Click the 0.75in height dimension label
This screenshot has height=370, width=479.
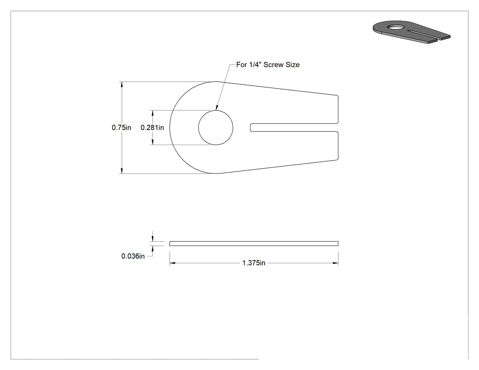(121, 127)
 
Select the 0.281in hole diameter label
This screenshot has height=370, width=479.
(152, 127)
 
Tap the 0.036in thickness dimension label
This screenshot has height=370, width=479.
(133, 256)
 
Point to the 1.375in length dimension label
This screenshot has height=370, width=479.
(254, 263)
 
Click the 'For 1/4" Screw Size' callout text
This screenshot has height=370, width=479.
(268, 65)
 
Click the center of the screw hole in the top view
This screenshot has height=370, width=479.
(216, 127)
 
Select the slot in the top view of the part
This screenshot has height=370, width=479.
(294, 127)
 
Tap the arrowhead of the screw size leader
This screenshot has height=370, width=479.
(217, 107)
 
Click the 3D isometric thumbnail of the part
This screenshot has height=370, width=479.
(411, 32)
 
